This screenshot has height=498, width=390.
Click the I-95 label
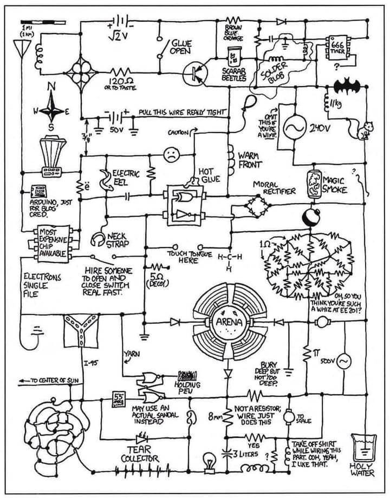(x=90, y=362)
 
